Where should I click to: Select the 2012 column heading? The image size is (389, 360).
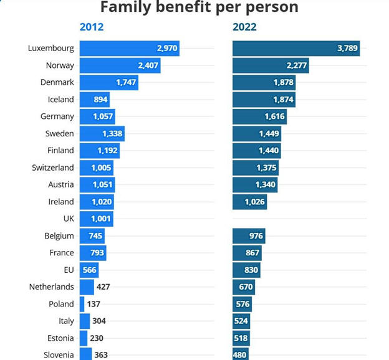click(92, 27)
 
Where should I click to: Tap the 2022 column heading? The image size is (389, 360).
click(244, 27)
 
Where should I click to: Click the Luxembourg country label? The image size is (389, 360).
click(51, 48)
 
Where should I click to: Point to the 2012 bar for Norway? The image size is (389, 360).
click(120, 65)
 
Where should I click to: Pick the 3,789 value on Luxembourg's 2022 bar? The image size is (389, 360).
click(347, 48)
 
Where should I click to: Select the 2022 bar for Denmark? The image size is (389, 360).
click(264, 82)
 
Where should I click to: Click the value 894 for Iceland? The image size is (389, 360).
click(101, 99)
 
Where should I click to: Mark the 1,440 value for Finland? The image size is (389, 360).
click(269, 150)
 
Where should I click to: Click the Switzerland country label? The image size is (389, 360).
click(53, 168)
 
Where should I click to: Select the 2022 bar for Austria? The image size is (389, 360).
click(255, 184)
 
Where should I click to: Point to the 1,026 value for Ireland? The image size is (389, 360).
click(255, 202)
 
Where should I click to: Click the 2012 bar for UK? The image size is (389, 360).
click(96, 219)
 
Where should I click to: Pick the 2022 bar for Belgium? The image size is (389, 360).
click(249, 236)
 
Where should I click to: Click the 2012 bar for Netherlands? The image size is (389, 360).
click(87, 287)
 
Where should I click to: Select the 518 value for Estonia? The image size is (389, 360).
click(241, 338)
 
